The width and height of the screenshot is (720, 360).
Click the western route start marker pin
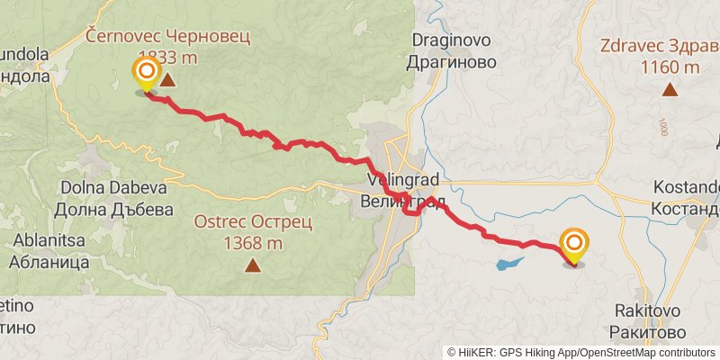point(146,73)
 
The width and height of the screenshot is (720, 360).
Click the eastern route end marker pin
point(574,246)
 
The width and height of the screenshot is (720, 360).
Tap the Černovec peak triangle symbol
point(166,80)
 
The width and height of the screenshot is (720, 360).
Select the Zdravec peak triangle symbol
point(670,88)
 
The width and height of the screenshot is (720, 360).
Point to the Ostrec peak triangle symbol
point(253,265)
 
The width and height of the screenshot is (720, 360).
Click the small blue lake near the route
point(509,265)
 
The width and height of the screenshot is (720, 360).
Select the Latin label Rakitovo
point(644,310)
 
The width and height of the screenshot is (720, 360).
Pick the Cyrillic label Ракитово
point(644,331)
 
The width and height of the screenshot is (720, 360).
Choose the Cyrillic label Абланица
point(50,263)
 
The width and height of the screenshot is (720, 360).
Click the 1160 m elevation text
point(670,67)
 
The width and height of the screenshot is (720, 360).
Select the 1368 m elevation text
point(253,242)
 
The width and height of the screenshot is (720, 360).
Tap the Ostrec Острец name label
point(253,221)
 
